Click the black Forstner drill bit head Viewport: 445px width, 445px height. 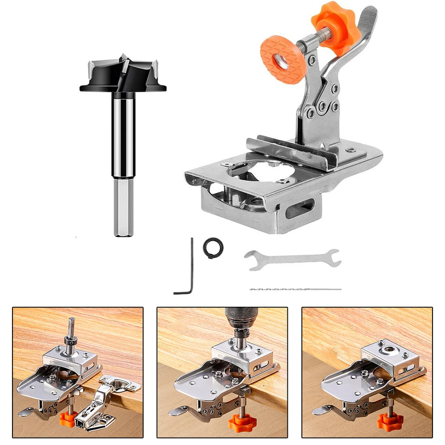point(123,76)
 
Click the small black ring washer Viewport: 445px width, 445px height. point(213,248)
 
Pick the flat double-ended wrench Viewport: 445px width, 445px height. point(292,259)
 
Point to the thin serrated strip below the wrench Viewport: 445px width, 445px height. point(295,289)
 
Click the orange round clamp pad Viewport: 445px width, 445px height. point(283,60)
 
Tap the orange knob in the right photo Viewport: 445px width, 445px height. point(390,421)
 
